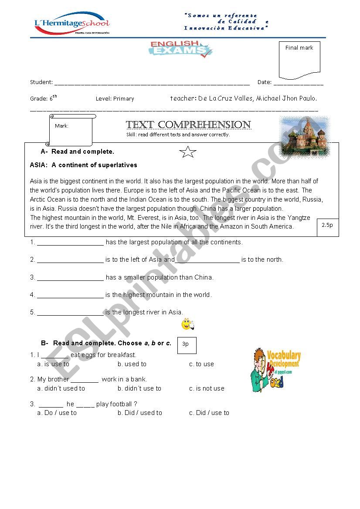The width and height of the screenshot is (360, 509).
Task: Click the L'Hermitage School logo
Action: (72, 24)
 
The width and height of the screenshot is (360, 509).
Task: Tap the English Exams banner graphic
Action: (180, 49)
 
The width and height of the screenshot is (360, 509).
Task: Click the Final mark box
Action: (299, 60)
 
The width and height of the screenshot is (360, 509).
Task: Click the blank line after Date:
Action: (299, 83)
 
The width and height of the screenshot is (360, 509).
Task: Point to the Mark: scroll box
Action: (71, 130)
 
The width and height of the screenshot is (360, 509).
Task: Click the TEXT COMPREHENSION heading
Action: (188, 125)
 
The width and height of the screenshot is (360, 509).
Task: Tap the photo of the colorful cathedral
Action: (305, 136)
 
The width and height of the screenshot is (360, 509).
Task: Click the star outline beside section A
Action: (188, 152)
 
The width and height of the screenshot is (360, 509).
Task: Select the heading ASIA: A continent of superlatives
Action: (83, 165)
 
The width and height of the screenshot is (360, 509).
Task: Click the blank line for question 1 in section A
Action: (71, 243)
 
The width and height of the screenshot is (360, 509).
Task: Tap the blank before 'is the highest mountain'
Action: (71, 296)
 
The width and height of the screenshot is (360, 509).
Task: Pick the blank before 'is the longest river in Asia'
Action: (71, 313)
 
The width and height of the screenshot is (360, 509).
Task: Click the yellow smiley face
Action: (187, 324)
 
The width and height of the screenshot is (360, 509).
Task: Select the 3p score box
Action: (187, 345)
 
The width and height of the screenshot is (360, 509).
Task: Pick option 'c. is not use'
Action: (207, 388)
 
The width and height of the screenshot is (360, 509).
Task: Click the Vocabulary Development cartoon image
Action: (276, 369)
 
